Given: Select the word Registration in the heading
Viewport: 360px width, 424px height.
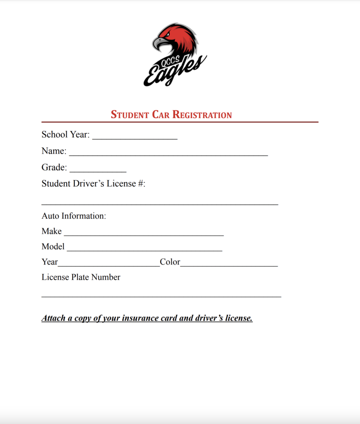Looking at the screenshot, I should [202, 115].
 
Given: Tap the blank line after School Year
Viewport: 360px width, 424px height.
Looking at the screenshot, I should [134, 137].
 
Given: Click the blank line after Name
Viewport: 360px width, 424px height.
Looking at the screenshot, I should [168, 153].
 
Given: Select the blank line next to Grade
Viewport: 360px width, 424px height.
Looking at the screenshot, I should [98, 169].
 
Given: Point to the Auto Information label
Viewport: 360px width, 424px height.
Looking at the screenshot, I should [74, 216].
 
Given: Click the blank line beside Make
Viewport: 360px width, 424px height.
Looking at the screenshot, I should [144, 233].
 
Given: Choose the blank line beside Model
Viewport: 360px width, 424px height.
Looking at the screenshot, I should [144, 248].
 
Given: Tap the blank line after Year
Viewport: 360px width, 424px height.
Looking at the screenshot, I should [108, 264].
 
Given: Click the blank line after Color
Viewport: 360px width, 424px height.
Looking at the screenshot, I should [229, 264].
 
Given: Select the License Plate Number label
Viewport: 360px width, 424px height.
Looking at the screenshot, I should [81, 277].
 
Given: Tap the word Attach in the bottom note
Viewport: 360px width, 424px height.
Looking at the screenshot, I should [53, 318].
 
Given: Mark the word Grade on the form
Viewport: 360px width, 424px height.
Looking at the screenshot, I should [54, 167].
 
